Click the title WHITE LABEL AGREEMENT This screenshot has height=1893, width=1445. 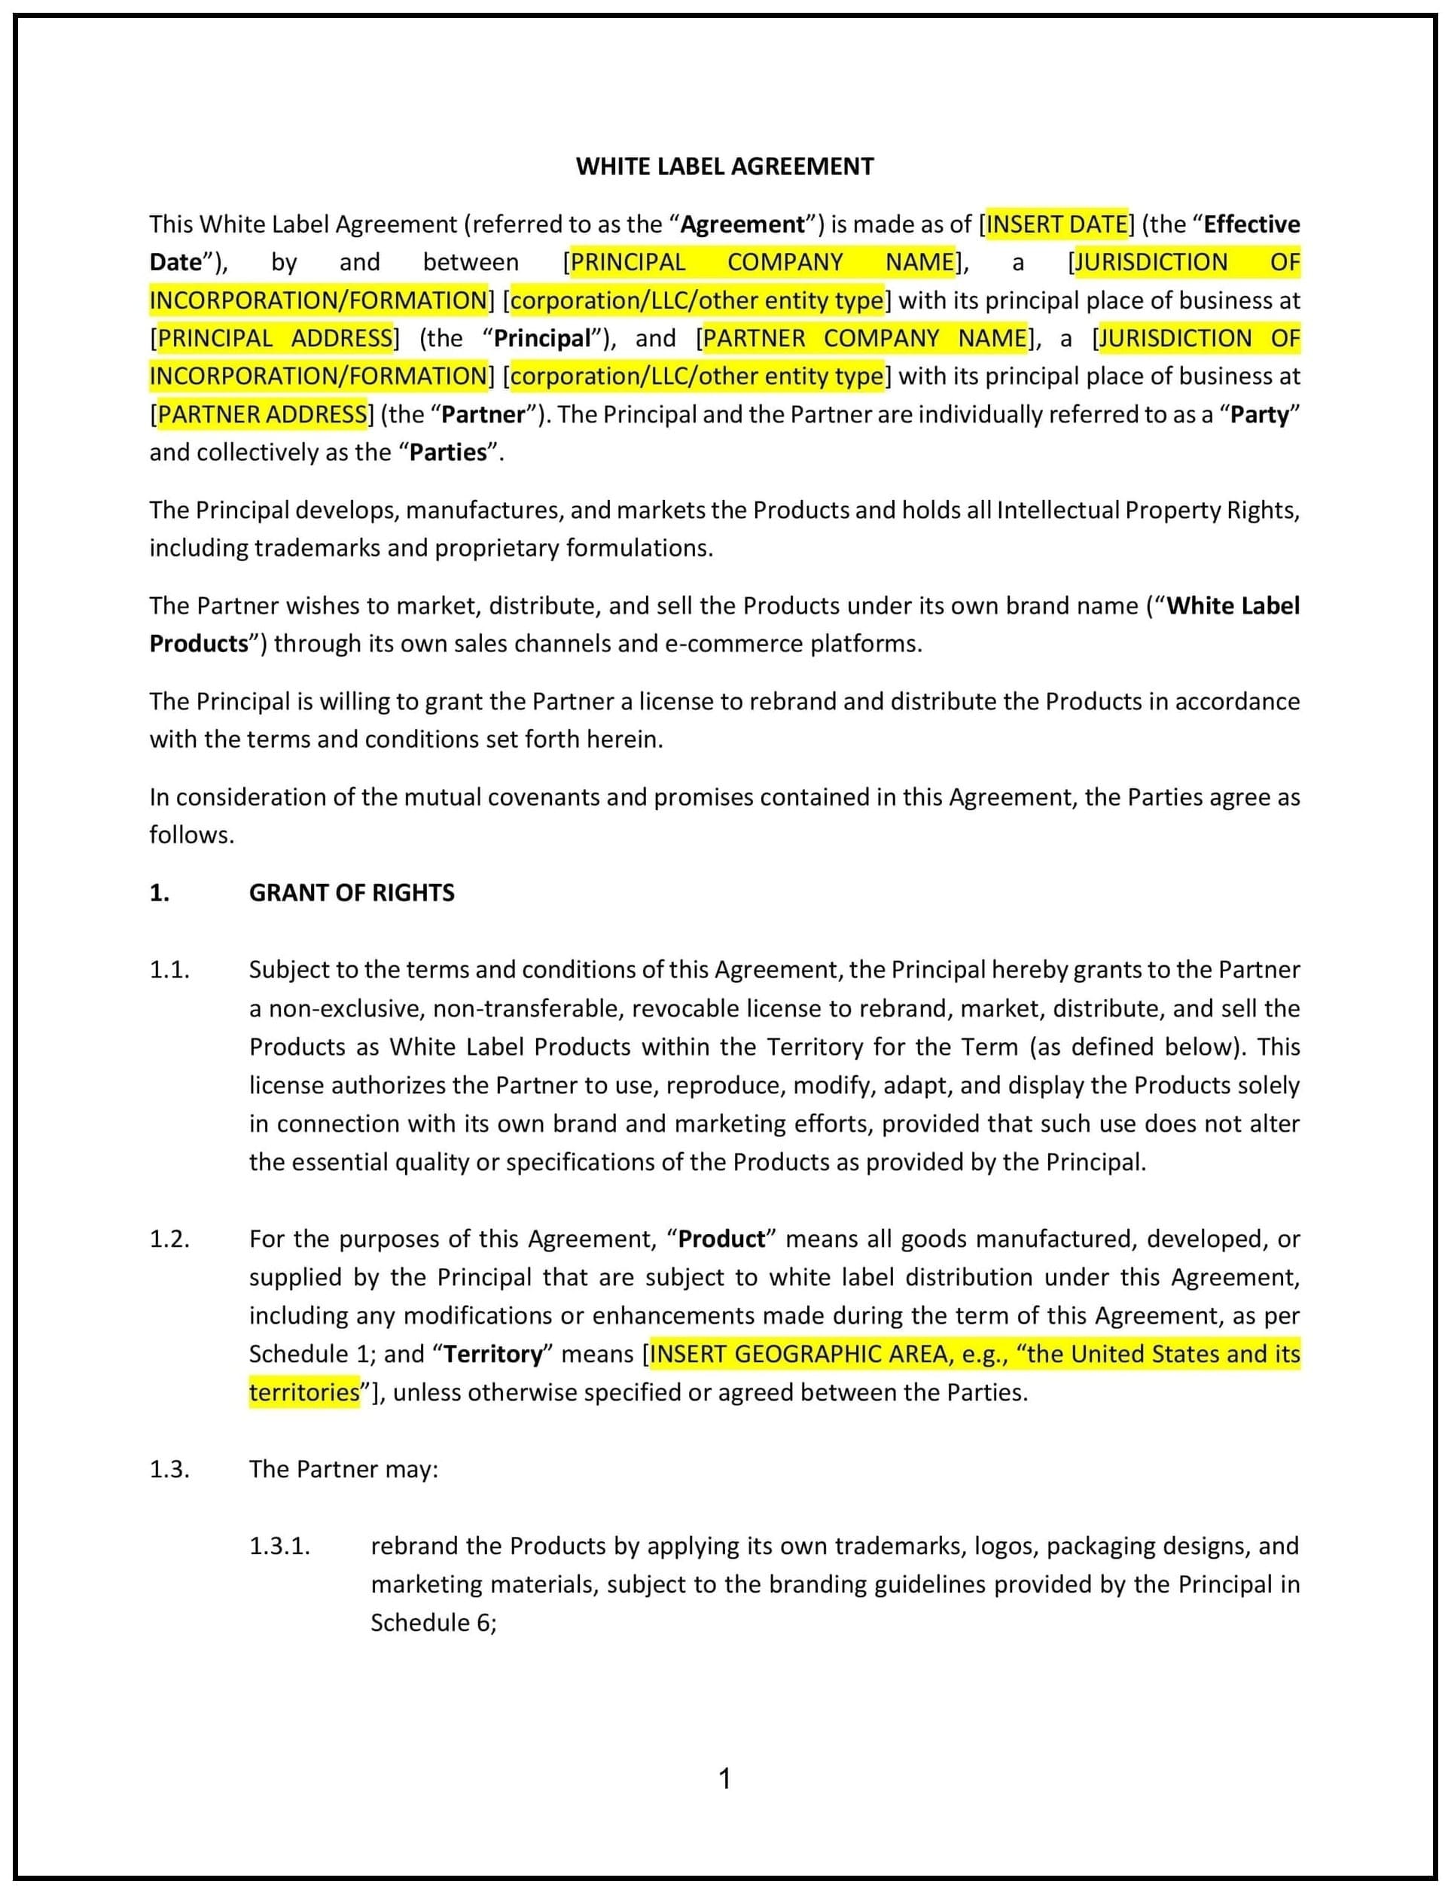(724, 166)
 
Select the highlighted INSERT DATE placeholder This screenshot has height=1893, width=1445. (1056, 224)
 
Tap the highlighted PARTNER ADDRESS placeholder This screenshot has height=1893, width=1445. (262, 415)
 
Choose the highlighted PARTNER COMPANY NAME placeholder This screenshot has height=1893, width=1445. (864, 338)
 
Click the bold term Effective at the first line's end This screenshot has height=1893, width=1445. (1251, 224)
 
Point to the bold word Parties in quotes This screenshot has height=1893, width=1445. (448, 453)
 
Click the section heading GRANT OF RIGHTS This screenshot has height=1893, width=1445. (352, 893)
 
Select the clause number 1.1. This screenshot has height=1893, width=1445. (169, 969)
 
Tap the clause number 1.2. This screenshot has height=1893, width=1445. (169, 1239)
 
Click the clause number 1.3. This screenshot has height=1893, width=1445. (169, 1469)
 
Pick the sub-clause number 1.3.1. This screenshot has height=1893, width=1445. (279, 1546)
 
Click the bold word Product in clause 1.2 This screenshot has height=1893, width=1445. (721, 1239)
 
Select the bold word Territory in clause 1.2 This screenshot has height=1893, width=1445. (493, 1354)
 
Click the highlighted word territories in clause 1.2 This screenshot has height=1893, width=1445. (303, 1392)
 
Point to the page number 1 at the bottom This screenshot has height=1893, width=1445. (724, 1778)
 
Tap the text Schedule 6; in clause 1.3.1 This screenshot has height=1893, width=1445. (434, 1622)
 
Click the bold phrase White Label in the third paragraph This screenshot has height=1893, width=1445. (1233, 605)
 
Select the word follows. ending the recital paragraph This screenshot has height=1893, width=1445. (192, 835)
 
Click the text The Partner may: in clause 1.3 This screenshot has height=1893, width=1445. (343, 1469)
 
